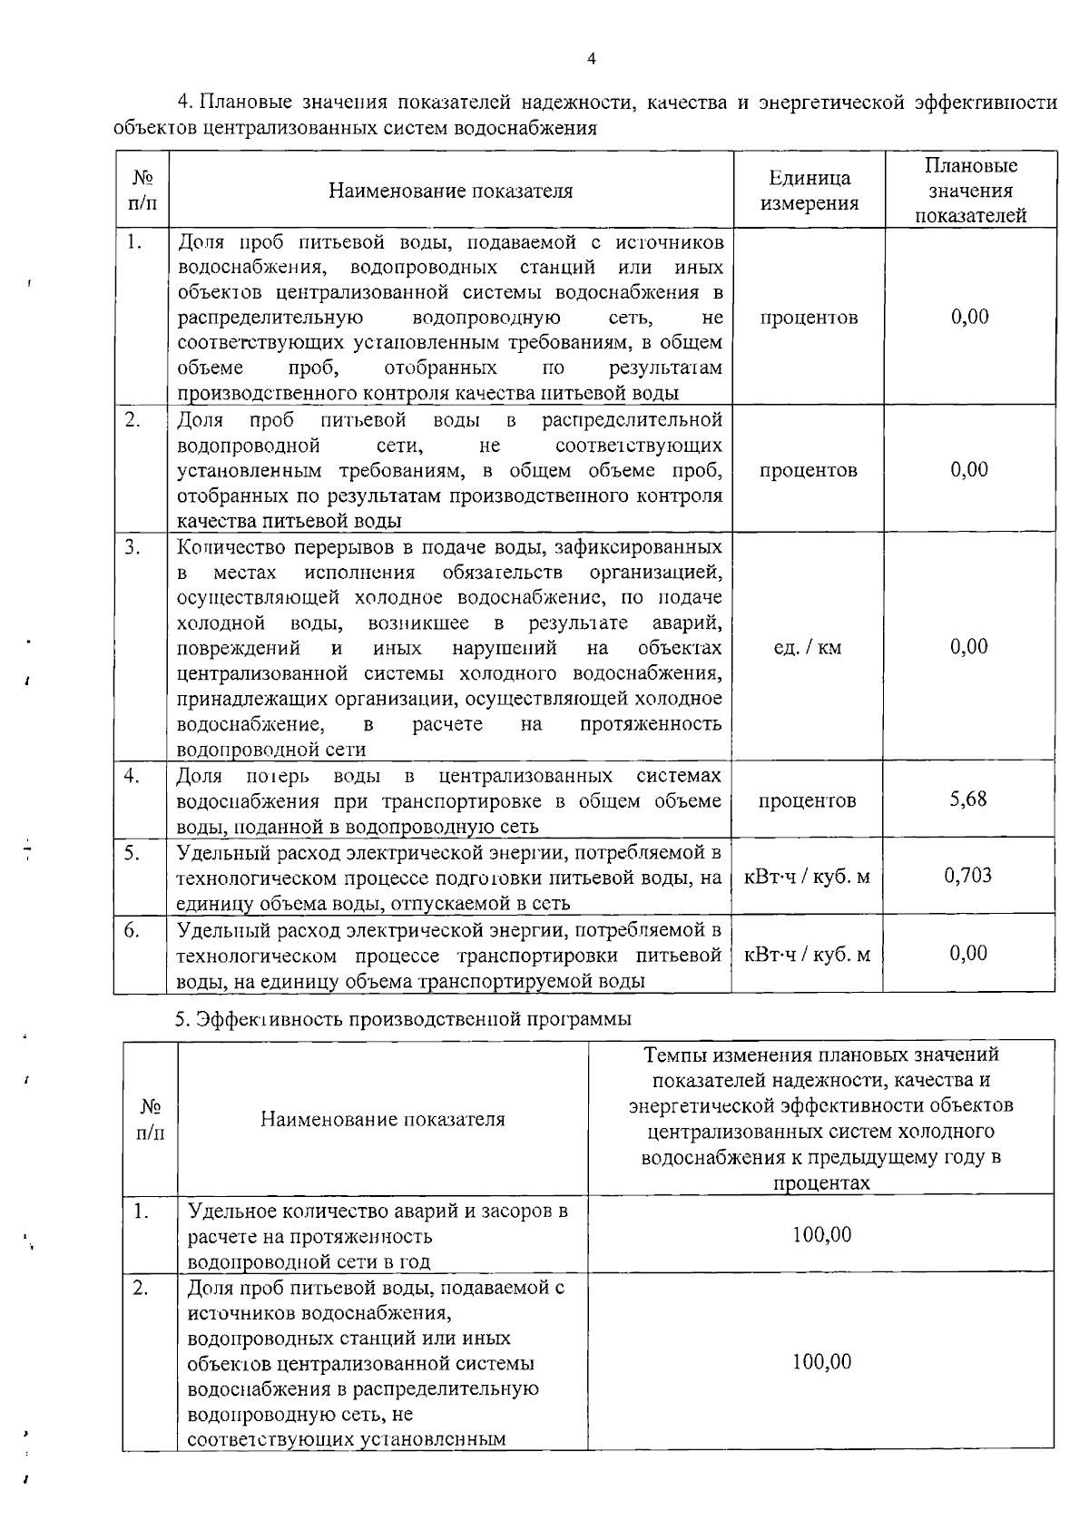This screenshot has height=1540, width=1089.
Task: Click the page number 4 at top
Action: point(592,60)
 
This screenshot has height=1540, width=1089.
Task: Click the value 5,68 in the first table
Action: point(968,799)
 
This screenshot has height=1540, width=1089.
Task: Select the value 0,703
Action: point(968,876)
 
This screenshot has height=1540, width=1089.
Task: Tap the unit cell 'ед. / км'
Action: point(807,648)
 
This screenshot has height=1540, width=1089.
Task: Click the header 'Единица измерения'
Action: point(809,191)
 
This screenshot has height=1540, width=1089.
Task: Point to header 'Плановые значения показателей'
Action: point(970,191)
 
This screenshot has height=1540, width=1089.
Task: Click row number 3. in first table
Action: point(133,547)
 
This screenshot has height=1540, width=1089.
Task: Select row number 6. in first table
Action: point(132,930)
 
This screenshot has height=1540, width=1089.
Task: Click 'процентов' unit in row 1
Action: point(809,318)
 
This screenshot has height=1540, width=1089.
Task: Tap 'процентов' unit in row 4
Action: point(807,800)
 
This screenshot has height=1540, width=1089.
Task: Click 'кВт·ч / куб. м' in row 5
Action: point(807,877)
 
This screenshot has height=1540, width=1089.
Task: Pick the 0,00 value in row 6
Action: point(968,953)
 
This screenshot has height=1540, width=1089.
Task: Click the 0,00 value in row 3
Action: point(968,647)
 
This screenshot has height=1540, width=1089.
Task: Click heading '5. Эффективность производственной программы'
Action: point(403,1019)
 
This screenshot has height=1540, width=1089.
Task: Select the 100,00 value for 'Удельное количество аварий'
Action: point(821,1235)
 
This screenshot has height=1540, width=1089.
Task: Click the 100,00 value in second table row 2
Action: point(821,1362)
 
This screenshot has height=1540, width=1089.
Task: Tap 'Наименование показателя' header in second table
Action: point(382,1119)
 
